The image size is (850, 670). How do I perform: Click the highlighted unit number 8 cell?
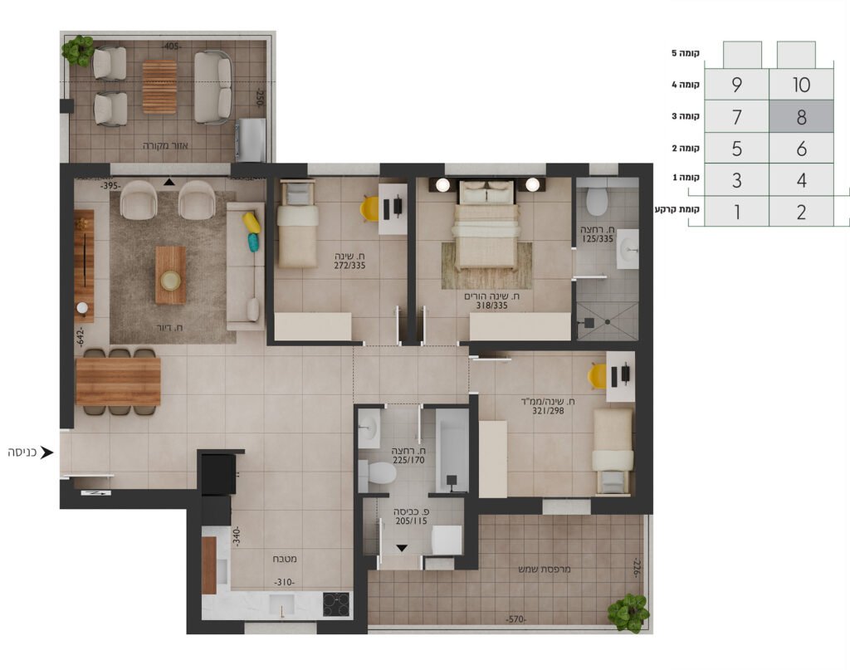click(801, 116)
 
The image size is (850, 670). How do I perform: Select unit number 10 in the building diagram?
click(801, 85)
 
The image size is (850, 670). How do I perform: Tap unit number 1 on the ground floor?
click(736, 212)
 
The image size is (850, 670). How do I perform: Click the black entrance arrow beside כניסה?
click(47, 452)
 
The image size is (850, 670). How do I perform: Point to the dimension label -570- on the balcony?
click(515, 619)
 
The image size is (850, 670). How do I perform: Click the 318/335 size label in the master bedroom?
click(492, 306)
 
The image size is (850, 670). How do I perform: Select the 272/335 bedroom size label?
click(349, 266)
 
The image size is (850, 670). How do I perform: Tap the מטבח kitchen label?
click(285, 558)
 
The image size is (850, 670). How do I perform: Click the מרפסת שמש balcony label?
click(545, 570)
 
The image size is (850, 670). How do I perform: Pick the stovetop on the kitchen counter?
click(336, 604)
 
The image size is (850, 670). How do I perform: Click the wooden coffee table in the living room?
click(171, 275)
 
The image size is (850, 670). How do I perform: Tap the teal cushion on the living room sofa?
click(254, 242)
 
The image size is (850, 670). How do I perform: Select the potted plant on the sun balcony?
click(628, 613)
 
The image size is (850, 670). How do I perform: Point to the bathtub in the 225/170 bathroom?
click(452, 451)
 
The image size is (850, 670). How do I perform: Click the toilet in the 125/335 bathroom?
click(597, 199)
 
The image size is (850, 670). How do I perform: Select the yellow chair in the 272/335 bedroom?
click(370, 208)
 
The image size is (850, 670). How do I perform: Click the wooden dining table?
click(118, 381)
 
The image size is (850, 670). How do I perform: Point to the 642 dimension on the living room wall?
click(81, 336)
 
